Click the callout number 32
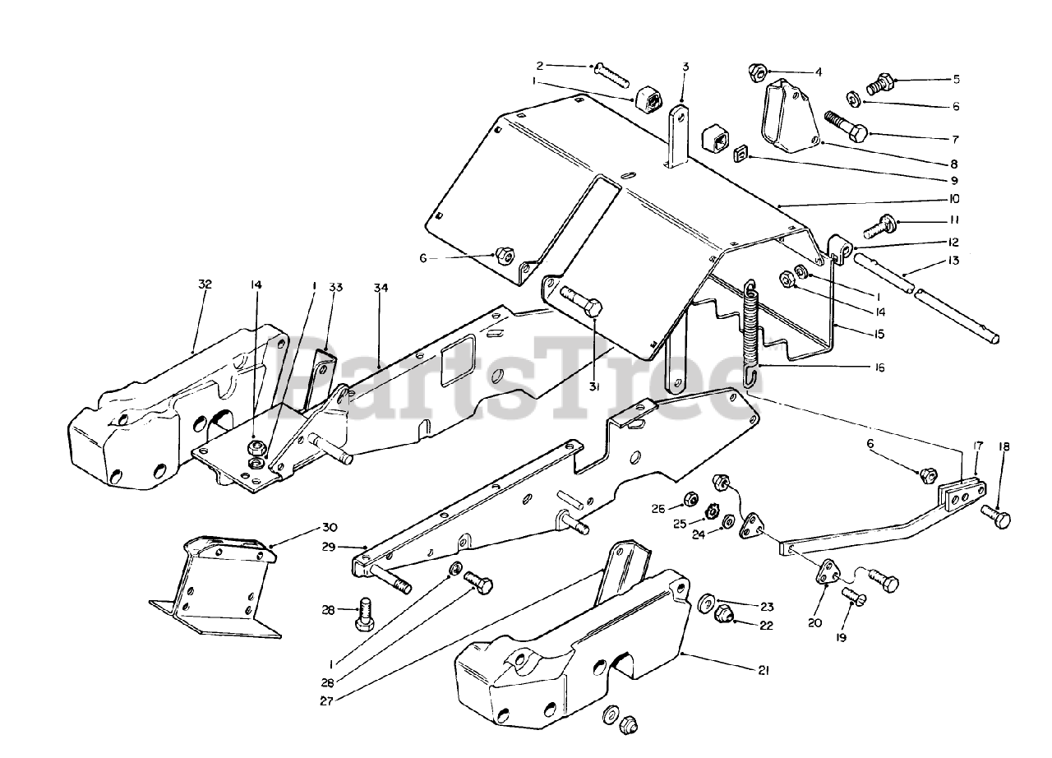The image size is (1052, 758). [205, 284]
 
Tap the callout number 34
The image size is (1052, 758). [381, 288]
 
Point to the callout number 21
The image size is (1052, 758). [763, 671]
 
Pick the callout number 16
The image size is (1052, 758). [879, 368]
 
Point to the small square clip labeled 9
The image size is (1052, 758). [738, 152]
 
